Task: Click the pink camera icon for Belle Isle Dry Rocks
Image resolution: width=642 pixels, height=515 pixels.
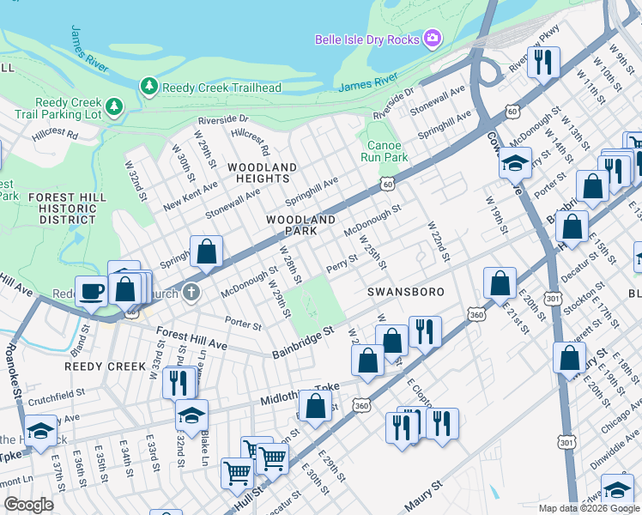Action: tap(433, 39)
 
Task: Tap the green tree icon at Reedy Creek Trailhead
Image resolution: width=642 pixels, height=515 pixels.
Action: tap(149, 86)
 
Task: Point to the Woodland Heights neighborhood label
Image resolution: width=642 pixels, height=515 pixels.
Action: tap(263, 173)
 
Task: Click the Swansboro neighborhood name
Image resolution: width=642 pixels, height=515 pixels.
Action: tap(406, 292)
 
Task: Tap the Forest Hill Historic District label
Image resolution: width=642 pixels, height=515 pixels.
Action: tap(72, 209)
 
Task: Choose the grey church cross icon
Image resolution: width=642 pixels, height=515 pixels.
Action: tap(191, 293)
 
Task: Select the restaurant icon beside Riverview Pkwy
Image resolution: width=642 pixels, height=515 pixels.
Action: tap(542, 61)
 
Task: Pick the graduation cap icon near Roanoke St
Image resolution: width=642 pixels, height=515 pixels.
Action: tap(40, 430)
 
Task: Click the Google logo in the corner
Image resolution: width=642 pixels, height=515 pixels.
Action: tap(29, 505)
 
